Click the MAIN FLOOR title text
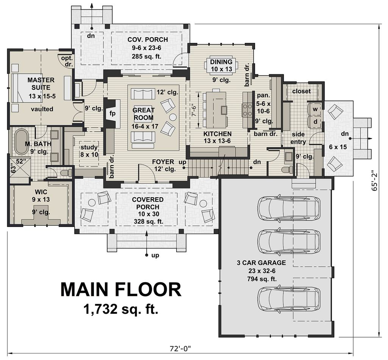(x=121, y=290)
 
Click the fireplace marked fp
(x=112, y=113)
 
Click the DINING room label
(x=221, y=62)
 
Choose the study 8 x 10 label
(x=89, y=151)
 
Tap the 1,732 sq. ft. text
(x=121, y=310)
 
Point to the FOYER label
(x=163, y=162)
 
